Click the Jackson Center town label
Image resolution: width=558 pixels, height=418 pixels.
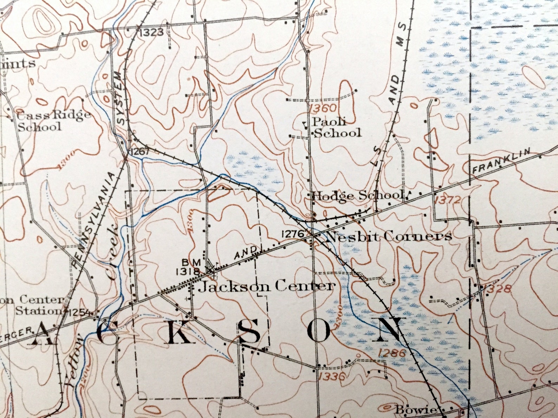(x=266, y=287)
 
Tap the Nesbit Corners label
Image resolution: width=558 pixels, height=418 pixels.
(x=389, y=237)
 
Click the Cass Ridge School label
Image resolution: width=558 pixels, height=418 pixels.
(x=49, y=120)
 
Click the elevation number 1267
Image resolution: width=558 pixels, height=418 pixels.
(x=140, y=152)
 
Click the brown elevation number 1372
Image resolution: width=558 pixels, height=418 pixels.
(x=447, y=200)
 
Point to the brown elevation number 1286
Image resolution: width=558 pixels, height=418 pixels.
(x=393, y=353)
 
